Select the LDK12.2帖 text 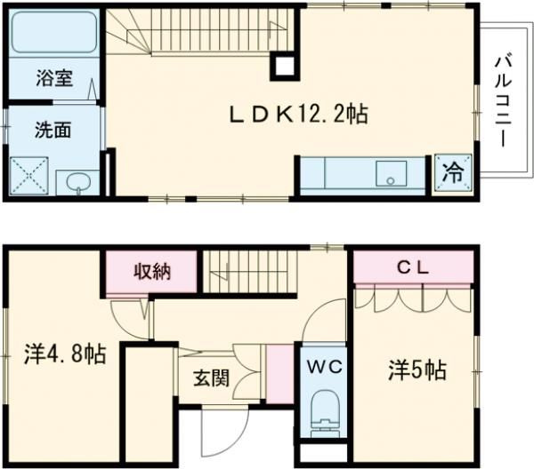pos(298,114)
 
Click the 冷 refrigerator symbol pos(452,171)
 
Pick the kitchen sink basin pos(390,172)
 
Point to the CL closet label pos(412,265)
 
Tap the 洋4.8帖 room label pos(64,354)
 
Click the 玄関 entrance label pos(213,377)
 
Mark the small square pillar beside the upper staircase pos(284,65)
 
